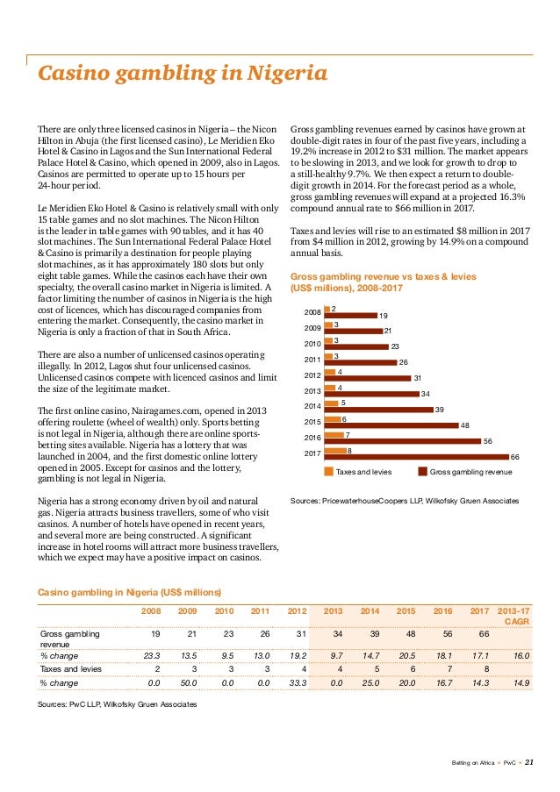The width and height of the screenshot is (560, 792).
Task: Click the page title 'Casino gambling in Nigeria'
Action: click(181, 74)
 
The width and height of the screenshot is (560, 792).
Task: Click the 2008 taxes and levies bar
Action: click(326, 307)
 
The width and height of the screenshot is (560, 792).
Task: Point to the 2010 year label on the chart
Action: click(311, 343)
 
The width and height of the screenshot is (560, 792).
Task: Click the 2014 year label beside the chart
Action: click(311, 406)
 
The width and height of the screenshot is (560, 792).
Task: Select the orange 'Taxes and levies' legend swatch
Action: click(330, 472)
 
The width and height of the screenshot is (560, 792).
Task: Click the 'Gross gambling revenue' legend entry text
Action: click(470, 472)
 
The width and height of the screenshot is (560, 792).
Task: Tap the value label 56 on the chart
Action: click(488, 441)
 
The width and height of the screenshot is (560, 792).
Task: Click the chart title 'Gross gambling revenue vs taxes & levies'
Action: click(383, 276)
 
